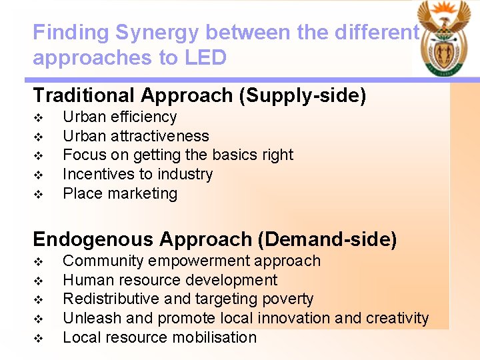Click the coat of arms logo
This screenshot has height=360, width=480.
click(442, 38)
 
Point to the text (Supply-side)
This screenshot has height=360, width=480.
click(302, 95)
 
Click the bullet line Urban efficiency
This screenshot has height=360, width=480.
click(119, 117)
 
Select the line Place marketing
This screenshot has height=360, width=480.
click(120, 193)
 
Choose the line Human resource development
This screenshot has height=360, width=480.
click(170, 280)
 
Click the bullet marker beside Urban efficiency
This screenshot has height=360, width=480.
click(38, 117)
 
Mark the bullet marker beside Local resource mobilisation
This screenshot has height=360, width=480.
click(38, 338)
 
